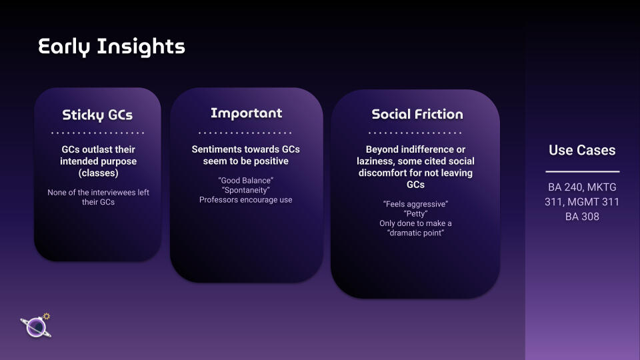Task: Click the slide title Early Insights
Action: [x=111, y=47]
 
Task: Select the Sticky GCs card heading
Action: [x=97, y=115]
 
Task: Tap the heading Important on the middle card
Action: [x=246, y=113]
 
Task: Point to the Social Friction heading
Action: [x=417, y=114]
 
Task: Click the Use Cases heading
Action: [x=582, y=150]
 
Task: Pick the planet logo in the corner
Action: [x=36, y=327]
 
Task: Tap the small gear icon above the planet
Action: [x=47, y=316]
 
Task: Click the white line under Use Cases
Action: [x=583, y=171]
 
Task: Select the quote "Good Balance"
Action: [x=246, y=181]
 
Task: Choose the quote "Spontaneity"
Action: [x=246, y=190]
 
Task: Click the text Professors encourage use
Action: [x=246, y=200]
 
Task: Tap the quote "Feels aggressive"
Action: [x=415, y=204]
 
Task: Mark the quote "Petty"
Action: [x=415, y=214]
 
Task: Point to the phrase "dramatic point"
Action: [x=415, y=233]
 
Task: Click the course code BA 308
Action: [x=582, y=217]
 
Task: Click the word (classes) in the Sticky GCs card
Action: [x=99, y=173]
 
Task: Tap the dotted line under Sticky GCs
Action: [x=97, y=133]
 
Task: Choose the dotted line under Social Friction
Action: [x=415, y=133]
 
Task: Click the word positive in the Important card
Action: [x=271, y=161]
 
